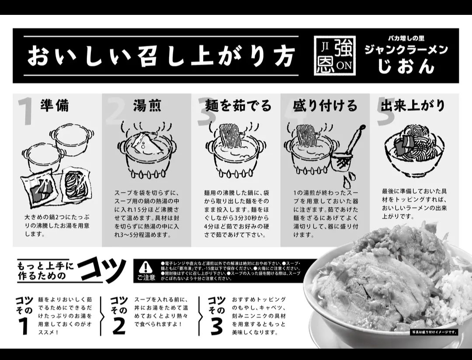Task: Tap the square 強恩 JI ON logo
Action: (x=335, y=56)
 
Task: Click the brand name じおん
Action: (x=406, y=66)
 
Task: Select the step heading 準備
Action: (x=55, y=105)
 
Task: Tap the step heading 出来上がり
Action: (x=413, y=105)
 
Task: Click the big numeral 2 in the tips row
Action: (x=118, y=325)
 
